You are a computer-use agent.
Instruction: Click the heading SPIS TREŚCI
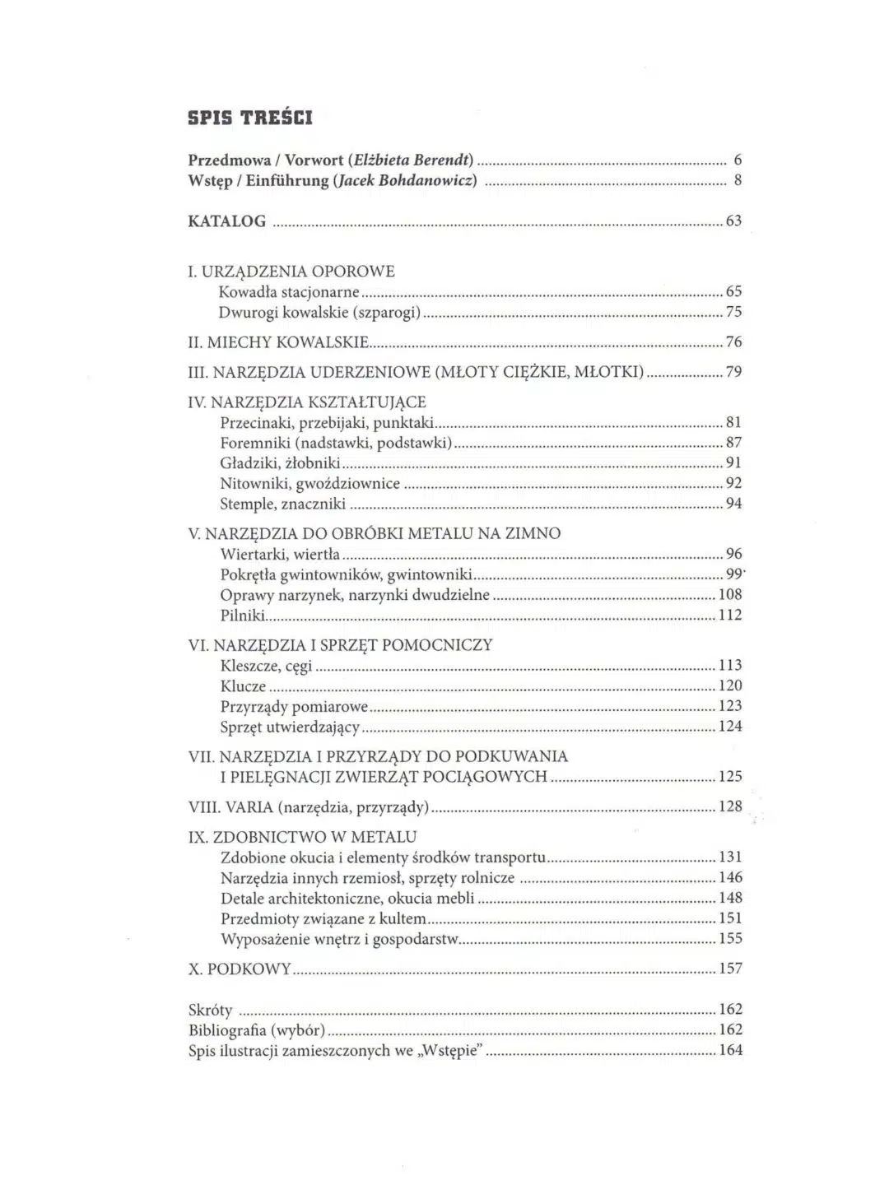pyautogui.click(x=250, y=118)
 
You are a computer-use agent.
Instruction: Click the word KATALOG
pyautogui.click(x=227, y=221)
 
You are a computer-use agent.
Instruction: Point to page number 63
pyautogui.click(x=733, y=221)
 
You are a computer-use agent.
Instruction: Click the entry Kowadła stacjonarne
pyautogui.click(x=289, y=292)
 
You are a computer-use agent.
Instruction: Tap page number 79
pyautogui.click(x=733, y=372)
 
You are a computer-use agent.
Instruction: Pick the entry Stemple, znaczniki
pyautogui.click(x=282, y=504)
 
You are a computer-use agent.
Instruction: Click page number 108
pyautogui.click(x=730, y=594)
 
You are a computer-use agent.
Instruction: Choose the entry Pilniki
pyautogui.click(x=243, y=615)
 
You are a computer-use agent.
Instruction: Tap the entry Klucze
pyautogui.click(x=244, y=686)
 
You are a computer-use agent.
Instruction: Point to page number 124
pyautogui.click(x=730, y=726)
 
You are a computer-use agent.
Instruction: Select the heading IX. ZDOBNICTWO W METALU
pyautogui.click(x=303, y=837)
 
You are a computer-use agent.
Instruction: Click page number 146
pyautogui.click(x=730, y=878)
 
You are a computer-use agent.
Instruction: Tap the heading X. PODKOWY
pyautogui.click(x=240, y=969)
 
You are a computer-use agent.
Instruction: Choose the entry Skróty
pyautogui.click(x=211, y=1010)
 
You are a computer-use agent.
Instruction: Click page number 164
pyautogui.click(x=730, y=1050)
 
